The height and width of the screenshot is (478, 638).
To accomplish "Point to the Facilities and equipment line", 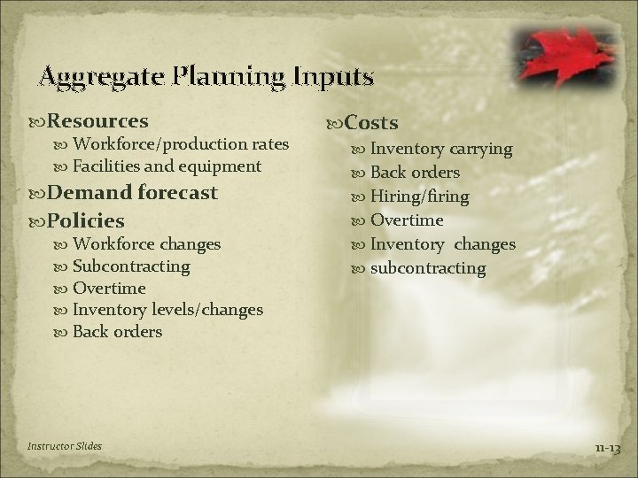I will (167, 166).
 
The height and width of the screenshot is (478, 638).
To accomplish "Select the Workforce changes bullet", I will (146, 243).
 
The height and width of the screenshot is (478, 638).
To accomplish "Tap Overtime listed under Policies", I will (109, 288).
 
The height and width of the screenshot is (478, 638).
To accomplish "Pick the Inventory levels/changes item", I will (167, 310).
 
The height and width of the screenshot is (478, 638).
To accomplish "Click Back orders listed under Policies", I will (117, 332).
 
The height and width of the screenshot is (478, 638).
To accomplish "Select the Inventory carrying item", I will (440, 149).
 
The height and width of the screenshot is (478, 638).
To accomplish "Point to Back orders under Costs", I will (415, 173).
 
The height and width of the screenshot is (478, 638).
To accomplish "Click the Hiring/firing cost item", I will (419, 197).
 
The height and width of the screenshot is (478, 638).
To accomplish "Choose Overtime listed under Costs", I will (406, 220).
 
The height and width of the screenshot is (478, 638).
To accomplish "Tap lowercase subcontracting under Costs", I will (428, 267).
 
